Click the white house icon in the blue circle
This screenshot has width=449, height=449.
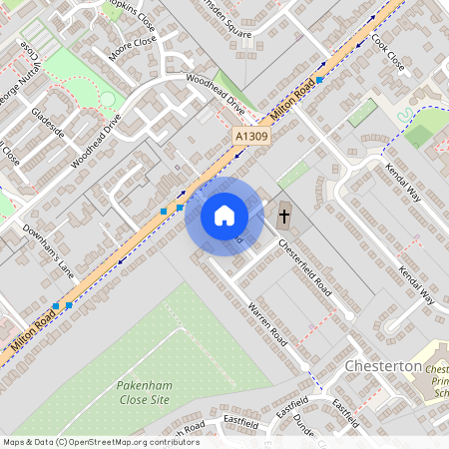point(224,216)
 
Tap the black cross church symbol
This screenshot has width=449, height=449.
point(282,216)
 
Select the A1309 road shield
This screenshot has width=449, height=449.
point(250,134)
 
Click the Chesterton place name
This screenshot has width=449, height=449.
point(382,366)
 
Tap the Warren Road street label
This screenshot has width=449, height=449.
point(267,325)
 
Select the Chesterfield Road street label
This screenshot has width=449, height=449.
point(304,266)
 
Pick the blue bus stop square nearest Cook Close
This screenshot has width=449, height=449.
point(320,79)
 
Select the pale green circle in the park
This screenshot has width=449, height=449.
point(108,99)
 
